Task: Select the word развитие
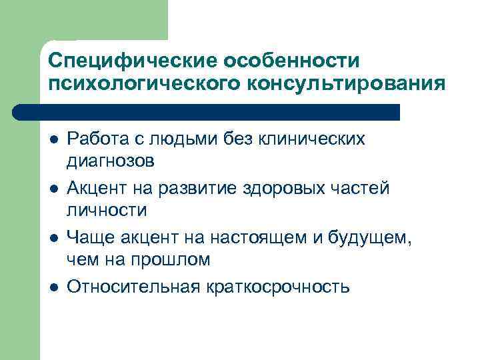point(191,189)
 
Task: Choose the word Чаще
point(89,237)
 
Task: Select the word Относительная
point(133,287)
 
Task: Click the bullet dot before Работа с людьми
point(53,139)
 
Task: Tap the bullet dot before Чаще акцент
point(53,238)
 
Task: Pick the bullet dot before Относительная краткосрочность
point(53,287)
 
